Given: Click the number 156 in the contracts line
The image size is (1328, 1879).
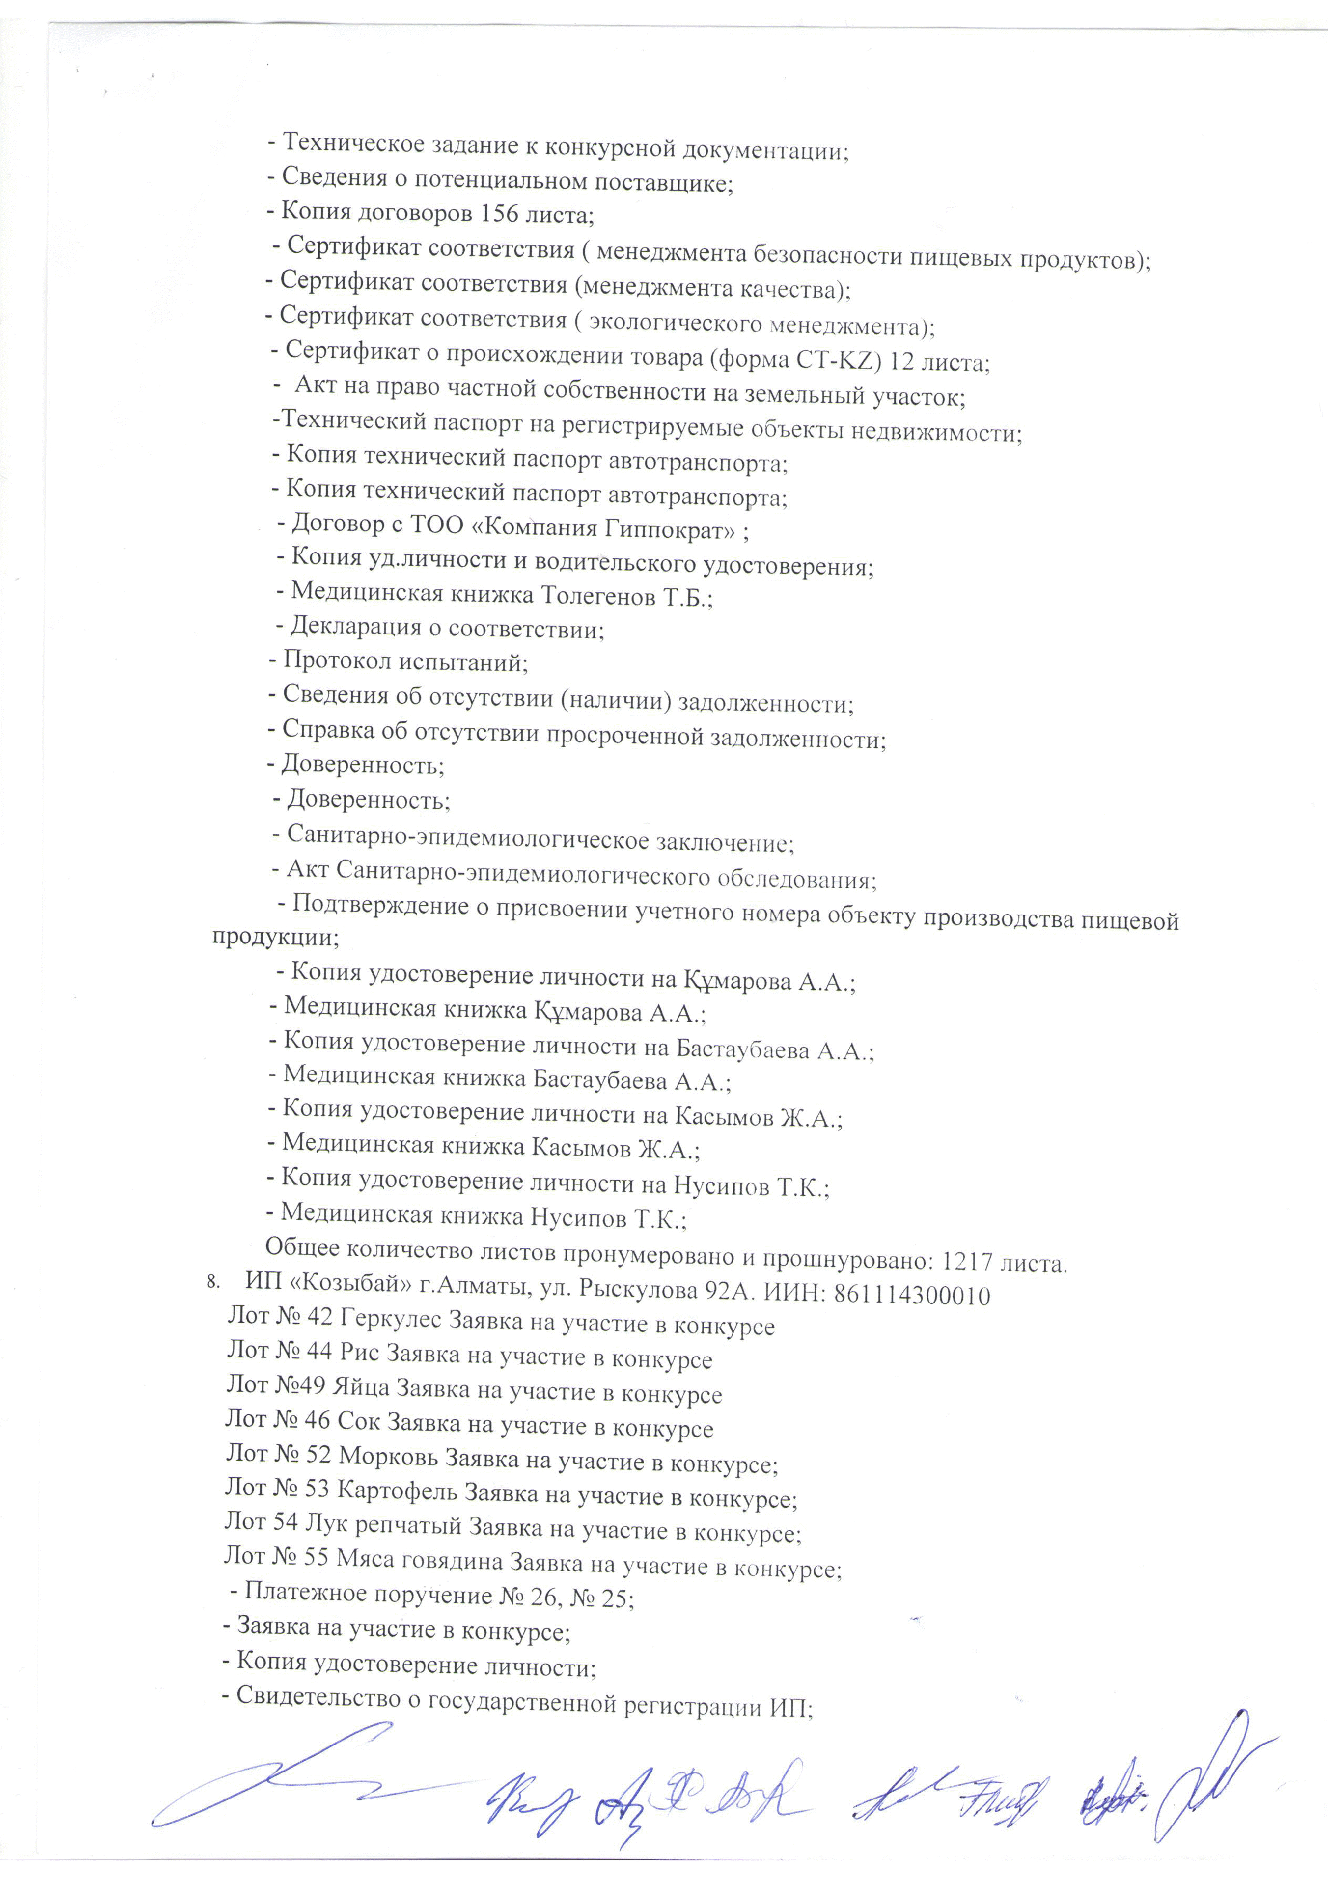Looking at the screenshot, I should [500, 214].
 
